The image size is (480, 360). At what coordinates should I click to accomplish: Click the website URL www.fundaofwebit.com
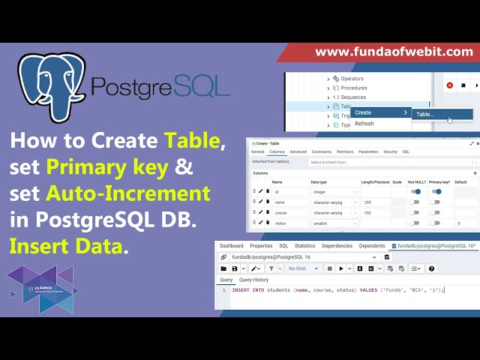394,52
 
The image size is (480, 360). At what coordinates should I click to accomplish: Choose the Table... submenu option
425,114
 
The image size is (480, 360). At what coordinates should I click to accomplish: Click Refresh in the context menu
364,124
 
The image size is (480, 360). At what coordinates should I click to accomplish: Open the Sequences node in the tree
352,97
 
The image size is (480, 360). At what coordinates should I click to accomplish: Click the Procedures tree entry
355,88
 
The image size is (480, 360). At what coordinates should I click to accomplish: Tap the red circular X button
450,85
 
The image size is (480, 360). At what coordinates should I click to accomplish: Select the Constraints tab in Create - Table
322,151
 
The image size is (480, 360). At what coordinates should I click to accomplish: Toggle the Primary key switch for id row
436,191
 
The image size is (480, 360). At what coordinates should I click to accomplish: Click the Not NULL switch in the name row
415,202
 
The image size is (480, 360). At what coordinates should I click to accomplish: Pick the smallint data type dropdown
333,223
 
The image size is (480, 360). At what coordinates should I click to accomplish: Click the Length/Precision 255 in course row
367,212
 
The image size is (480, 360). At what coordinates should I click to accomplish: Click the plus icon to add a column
474,172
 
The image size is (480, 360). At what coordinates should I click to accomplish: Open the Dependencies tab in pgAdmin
337,245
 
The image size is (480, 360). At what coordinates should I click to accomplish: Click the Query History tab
253,280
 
